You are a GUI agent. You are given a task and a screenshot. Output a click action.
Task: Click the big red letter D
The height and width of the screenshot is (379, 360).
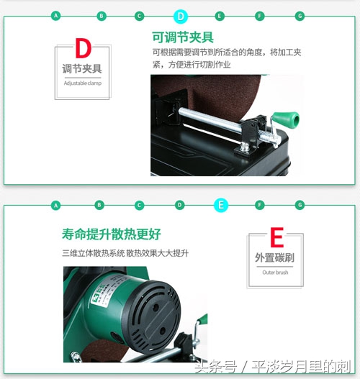pyautogui.click(x=83, y=50)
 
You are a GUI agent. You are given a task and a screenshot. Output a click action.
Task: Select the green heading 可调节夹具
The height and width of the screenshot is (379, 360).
pyautogui.click(x=183, y=37)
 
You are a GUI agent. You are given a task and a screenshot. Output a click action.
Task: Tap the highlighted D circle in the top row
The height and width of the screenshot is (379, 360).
pyautogui.click(x=180, y=15)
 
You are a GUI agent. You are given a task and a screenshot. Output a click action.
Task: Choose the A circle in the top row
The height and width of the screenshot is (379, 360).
pyautogui.click(x=56, y=15)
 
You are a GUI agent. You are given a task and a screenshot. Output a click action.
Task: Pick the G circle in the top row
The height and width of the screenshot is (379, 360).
pyautogui.click(x=300, y=15)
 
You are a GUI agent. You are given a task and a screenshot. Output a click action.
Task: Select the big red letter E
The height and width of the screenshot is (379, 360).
pyautogui.click(x=276, y=238)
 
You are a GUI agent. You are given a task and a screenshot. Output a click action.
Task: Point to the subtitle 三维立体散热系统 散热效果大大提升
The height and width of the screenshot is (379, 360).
pyautogui.click(x=125, y=253)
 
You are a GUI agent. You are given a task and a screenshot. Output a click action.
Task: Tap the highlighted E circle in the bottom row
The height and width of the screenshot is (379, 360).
pyautogui.click(x=221, y=205)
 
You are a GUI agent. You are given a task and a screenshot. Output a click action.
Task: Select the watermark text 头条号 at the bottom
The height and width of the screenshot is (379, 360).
pyautogui.click(x=214, y=365)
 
